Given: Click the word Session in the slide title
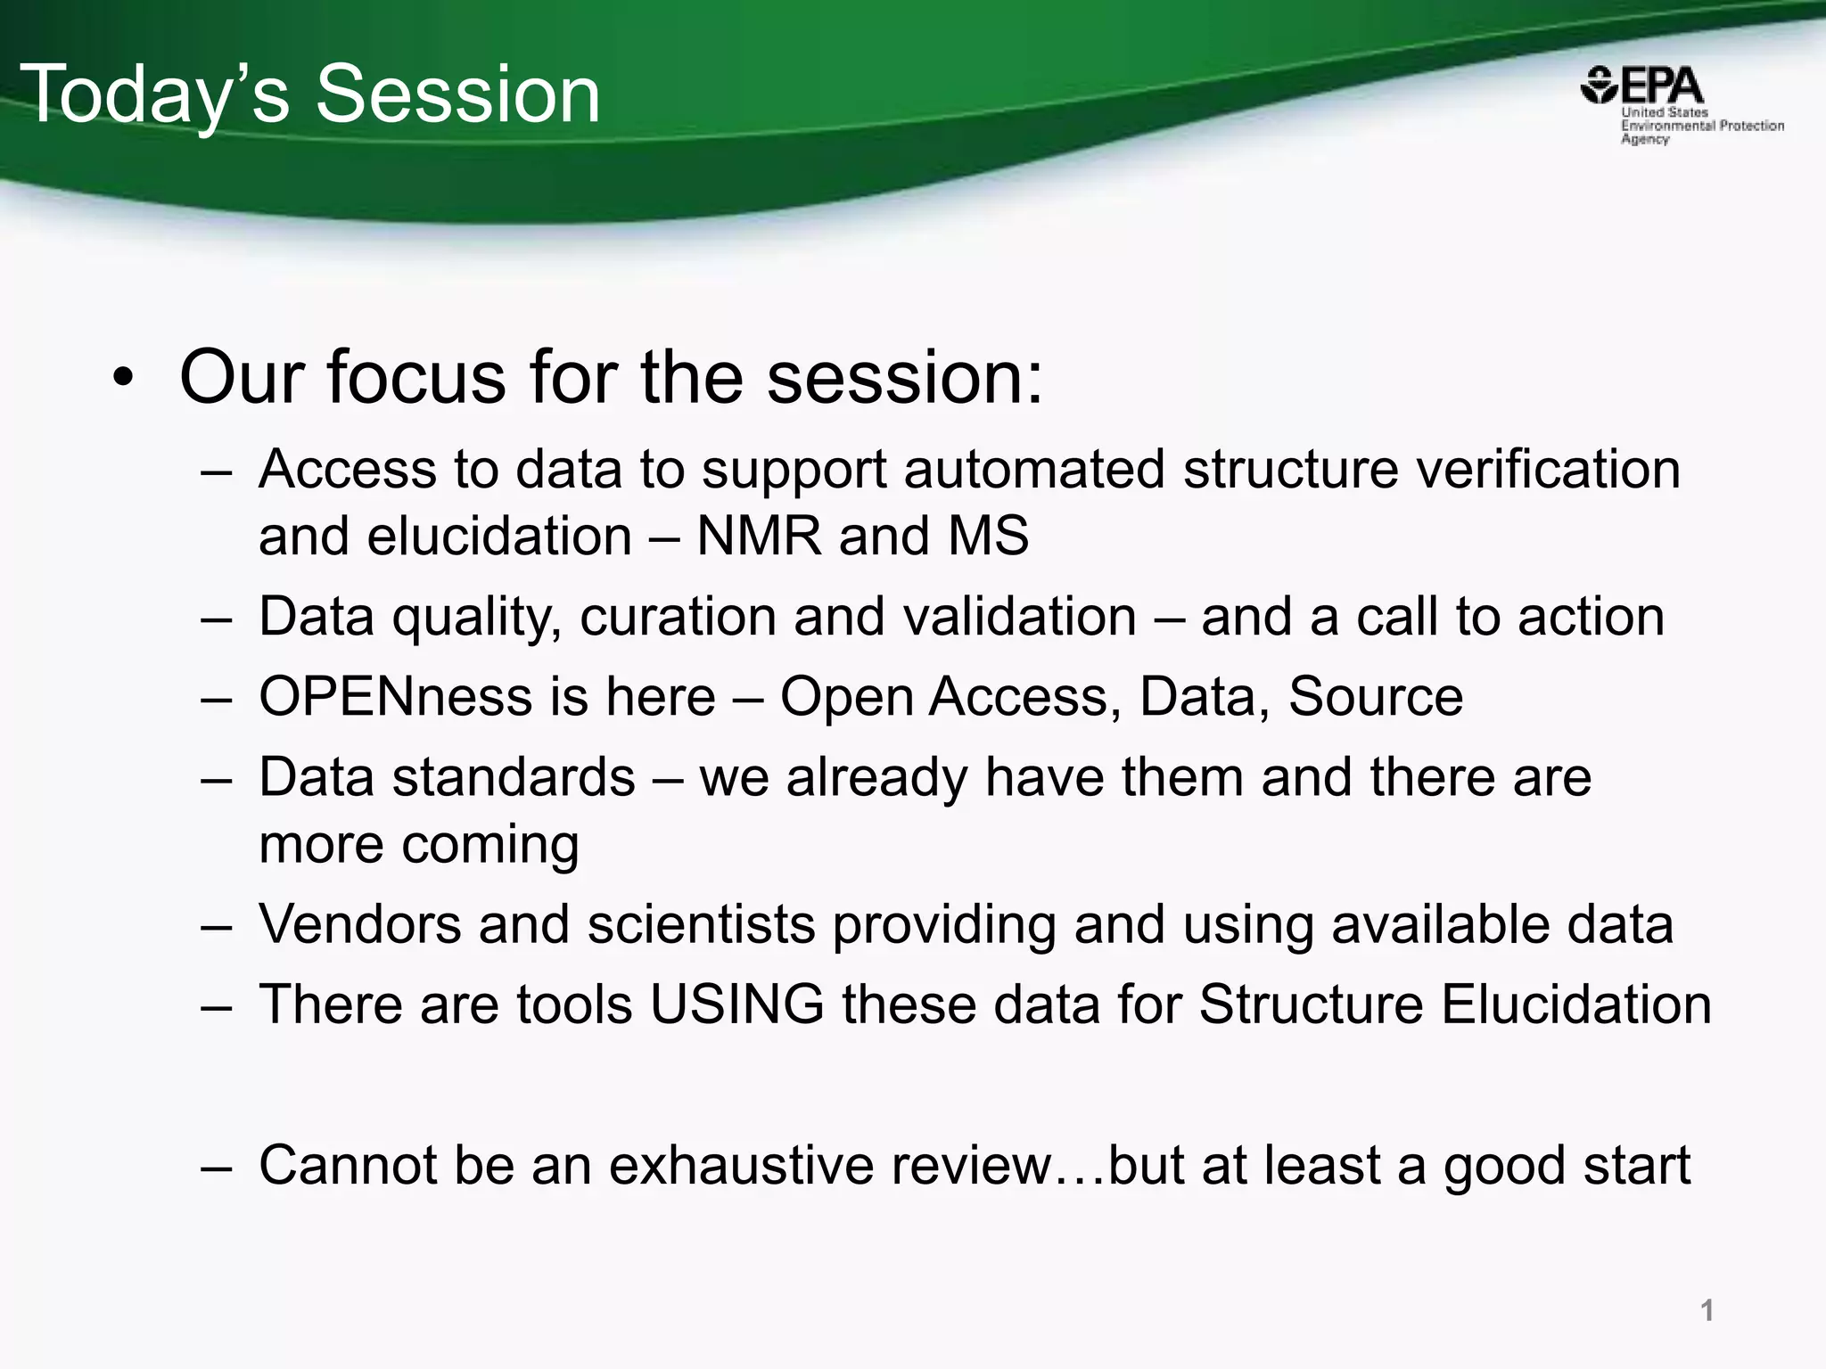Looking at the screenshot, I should [458, 94].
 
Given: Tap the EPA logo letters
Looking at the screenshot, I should [1661, 86].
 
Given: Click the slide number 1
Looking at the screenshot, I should [1707, 1310].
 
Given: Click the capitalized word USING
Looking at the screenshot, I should [737, 1004].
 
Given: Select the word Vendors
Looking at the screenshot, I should [359, 924].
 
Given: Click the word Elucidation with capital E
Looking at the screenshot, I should [1575, 1004].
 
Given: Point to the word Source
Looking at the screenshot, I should [1375, 697].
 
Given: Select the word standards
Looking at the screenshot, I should [514, 777].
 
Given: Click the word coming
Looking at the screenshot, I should [489, 844].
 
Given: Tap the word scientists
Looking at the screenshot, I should [701, 924].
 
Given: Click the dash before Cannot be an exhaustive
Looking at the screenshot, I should [217, 1167].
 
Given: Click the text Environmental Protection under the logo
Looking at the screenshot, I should [1702, 126].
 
